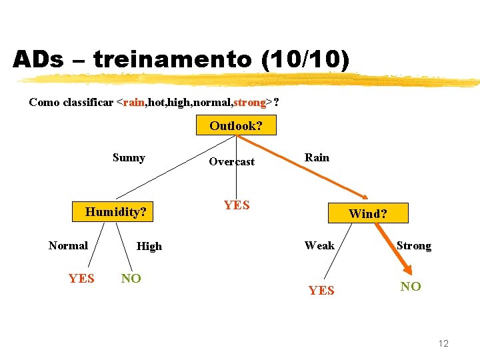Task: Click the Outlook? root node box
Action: [235, 125]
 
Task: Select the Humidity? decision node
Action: [115, 212]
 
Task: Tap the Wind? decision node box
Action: [368, 213]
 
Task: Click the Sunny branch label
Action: [129, 158]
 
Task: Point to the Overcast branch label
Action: [231, 161]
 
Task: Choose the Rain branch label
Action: [317, 157]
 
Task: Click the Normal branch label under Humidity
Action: [68, 245]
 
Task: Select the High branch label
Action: [149, 246]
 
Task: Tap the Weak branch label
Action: [319, 245]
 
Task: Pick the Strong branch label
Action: [413, 245]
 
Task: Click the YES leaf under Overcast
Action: [237, 205]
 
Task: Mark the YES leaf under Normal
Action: [81, 279]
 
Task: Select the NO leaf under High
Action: [131, 279]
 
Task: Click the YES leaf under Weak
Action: [321, 290]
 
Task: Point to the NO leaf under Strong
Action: [410, 287]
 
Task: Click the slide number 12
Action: [443, 343]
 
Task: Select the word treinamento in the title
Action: [173, 60]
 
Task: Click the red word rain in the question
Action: [134, 103]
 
